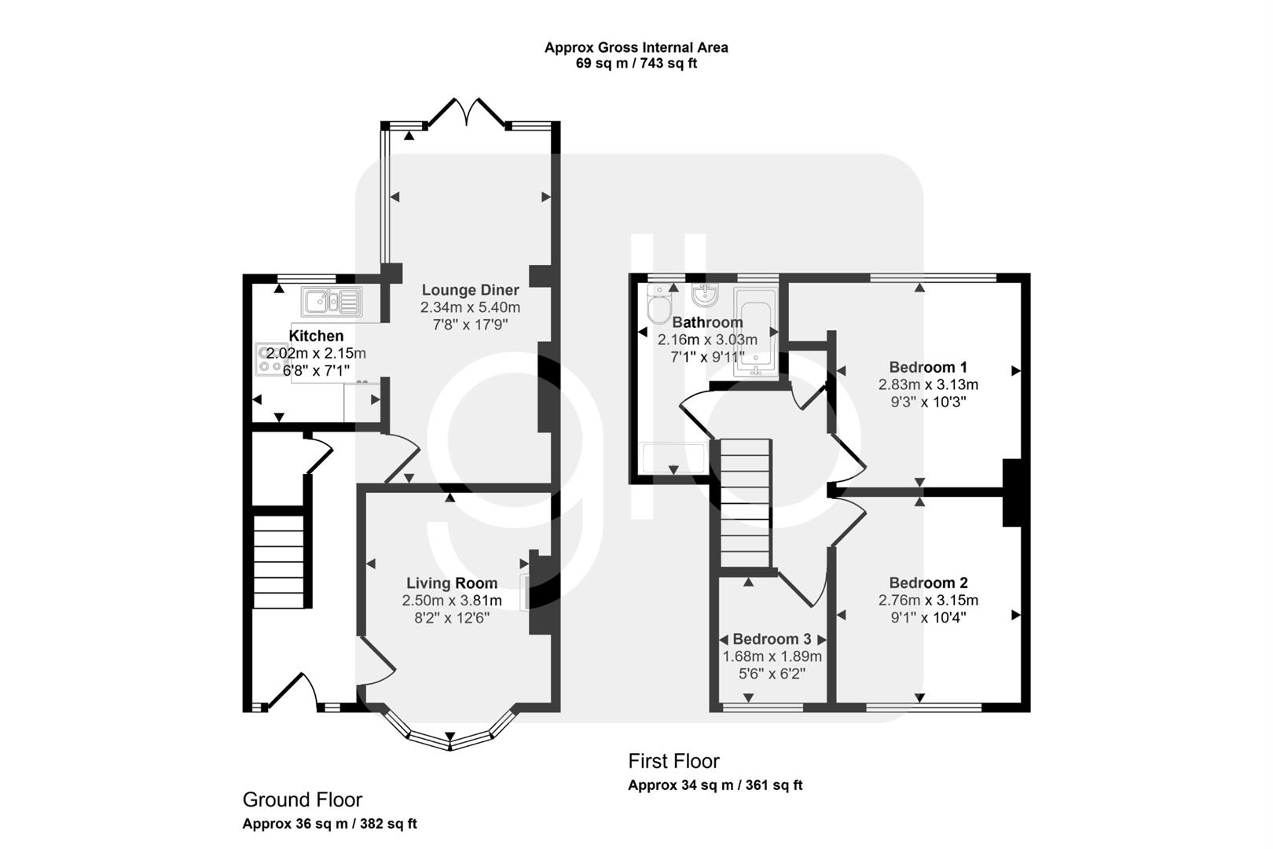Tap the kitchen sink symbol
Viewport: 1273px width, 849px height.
330,301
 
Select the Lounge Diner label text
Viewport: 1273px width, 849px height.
470,290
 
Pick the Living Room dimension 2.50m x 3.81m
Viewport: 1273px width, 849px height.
452,601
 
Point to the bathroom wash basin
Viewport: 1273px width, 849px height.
705,296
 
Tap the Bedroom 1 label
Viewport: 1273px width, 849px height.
928,367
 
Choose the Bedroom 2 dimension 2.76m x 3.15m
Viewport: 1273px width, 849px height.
928,601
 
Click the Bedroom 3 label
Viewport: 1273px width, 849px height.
772,639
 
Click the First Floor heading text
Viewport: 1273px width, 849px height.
673,761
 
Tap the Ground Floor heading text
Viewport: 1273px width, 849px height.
302,800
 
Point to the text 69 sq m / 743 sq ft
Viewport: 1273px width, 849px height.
636,64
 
